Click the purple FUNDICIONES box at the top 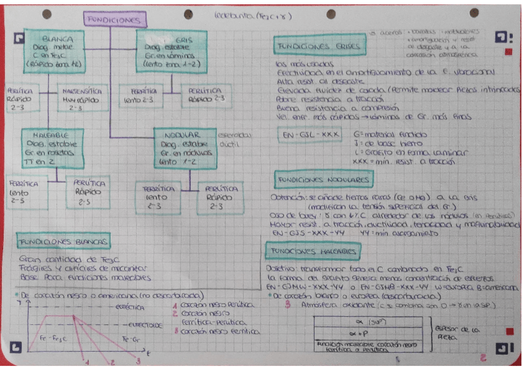115,20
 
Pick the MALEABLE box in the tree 52,148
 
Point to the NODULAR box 185,148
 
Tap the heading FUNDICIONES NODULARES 323,180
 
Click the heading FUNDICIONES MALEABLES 313,252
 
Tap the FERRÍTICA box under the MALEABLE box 22,191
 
